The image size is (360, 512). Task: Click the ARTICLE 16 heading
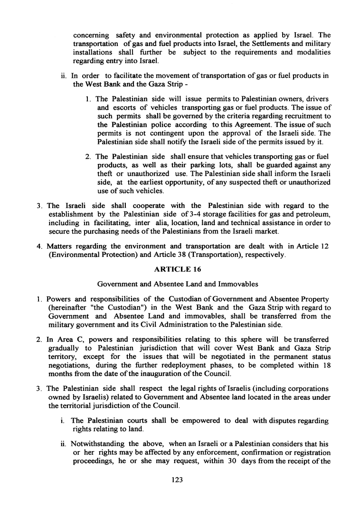pyautogui.click(x=178, y=269)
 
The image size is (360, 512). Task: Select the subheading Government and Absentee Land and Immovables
pyautogui.click(x=178, y=284)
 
